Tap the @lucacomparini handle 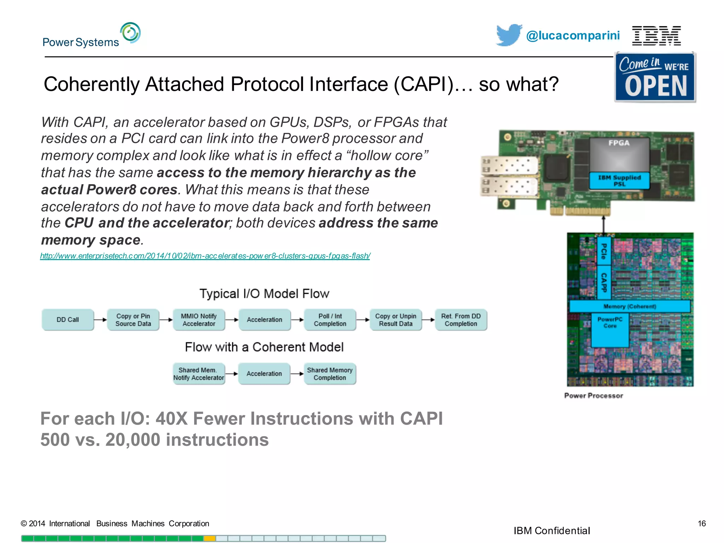[573, 36]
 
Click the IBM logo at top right [656, 36]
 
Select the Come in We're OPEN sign [655, 77]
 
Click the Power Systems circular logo [130, 33]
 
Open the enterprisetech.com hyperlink [205, 256]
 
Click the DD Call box [68, 320]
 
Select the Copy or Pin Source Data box [133, 320]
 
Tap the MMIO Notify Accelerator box [199, 320]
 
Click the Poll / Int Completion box [330, 320]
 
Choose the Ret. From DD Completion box [461, 320]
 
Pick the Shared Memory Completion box [330, 374]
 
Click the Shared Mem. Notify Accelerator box [199, 374]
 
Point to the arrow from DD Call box [101, 320]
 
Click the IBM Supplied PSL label [619, 181]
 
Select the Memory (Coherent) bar [630, 306]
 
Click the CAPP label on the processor [604, 282]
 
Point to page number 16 [701, 524]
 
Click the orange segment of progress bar [210, 538]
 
